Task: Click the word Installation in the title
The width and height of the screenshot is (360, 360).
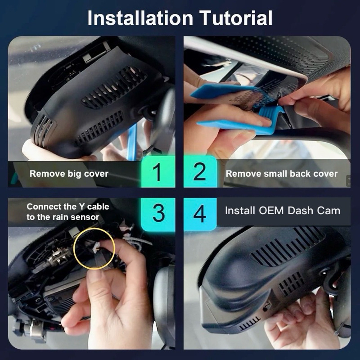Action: tap(140, 18)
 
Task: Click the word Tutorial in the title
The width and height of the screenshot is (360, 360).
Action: tap(236, 18)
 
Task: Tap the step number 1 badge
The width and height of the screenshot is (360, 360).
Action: tap(158, 172)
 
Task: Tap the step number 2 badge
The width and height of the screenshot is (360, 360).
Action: tap(200, 172)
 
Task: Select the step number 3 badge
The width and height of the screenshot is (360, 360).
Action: tap(158, 213)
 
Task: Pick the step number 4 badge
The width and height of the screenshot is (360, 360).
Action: tap(200, 213)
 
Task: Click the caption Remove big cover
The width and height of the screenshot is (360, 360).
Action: tap(69, 174)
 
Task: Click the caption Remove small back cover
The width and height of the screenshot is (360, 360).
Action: tap(282, 174)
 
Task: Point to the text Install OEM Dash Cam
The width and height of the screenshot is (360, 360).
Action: tap(283, 211)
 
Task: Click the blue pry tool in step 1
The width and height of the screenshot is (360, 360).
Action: tap(132, 142)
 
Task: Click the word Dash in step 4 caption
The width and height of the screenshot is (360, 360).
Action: tap(300, 211)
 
